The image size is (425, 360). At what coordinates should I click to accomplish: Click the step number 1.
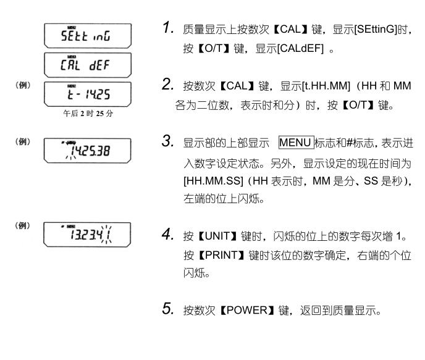tap(168, 28)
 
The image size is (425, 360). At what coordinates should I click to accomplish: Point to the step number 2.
tap(168, 84)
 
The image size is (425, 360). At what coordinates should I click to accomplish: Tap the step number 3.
tap(168, 141)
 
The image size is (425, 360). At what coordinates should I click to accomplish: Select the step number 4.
tap(168, 234)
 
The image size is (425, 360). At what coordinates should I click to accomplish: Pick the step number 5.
tap(168, 309)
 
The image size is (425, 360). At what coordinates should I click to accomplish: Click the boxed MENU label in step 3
tap(297, 143)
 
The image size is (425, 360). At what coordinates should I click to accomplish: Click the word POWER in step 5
tap(247, 310)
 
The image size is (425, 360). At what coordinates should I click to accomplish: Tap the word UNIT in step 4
tap(217, 237)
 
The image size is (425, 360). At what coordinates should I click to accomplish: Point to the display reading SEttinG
tap(88, 36)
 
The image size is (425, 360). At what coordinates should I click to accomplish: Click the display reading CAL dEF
tap(88, 65)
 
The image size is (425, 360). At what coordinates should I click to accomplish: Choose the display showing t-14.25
tap(88, 94)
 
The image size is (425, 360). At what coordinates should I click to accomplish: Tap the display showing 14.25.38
tap(87, 151)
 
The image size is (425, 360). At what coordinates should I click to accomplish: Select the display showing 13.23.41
tap(87, 235)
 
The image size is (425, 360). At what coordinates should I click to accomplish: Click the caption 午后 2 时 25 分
tap(88, 113)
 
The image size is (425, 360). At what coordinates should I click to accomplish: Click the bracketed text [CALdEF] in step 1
tap(300, 49)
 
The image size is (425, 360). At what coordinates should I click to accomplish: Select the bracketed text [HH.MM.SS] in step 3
tap(213, 181)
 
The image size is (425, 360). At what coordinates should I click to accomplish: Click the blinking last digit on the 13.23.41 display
tap(107, 235)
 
